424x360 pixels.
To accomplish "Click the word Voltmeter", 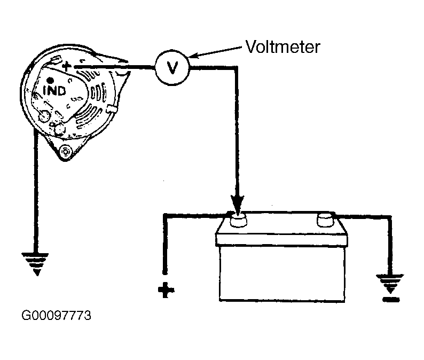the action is pyautogui.click(x=283, y=47).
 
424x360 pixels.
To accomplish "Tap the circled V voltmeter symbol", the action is pyautogui.click(x=172, y=68).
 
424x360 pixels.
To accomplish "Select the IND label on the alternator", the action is pyautogui.click(x=54, y=91).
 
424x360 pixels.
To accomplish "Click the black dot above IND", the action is pyautogui.click(x=50, y=80).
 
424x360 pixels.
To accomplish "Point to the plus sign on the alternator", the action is pyautogui.click(x=66, y=67).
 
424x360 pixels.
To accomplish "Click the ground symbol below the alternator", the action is pyautogui.click(x=35, y=264).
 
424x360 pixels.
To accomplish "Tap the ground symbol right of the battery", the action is pyautogui.click(x=390, y=284).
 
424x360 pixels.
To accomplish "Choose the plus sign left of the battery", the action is pyautogui.click(x=166, y=290).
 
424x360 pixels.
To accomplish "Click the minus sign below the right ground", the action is pyautogui.click(x=391, y=299).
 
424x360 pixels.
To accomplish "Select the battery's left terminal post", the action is pyautogui.click(x=238, y=220).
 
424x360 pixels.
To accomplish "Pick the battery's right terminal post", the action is pyautogui.click(x=326, y=219).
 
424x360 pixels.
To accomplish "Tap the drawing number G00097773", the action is pyautogui.click(x=56, y=315).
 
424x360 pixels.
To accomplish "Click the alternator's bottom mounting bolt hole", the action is pyautogui.click(x=65, y=152).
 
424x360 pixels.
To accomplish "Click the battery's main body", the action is pyautogui.click(x=282, y=273).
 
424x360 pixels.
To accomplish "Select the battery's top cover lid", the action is pyautogui.click(x=281, y=239).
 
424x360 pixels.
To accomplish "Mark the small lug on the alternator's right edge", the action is pyautogui.click(x=112, y=109).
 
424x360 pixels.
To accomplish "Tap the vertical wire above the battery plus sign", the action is pyautogui.click(x=164, y=244).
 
